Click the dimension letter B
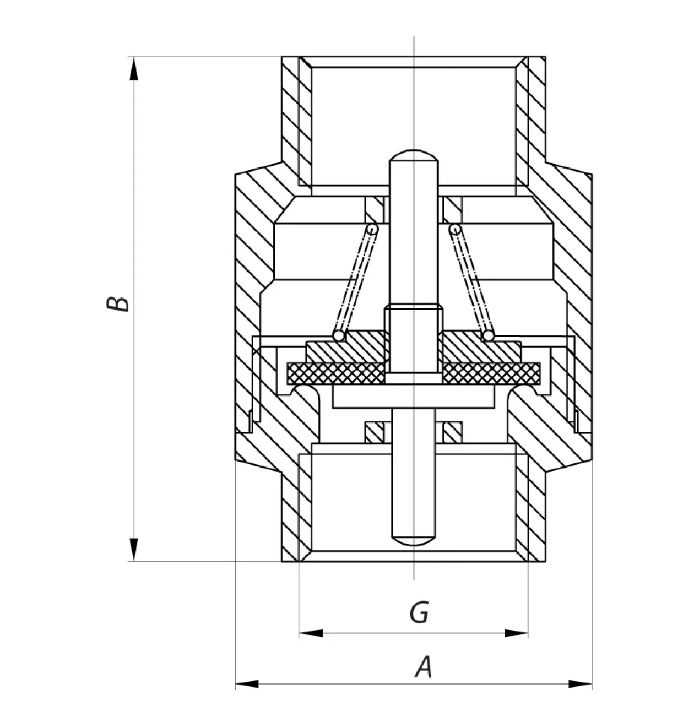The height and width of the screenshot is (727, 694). (117, 304)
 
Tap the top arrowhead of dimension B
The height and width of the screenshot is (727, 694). (133, 69)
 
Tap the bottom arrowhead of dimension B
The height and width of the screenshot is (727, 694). (133, 549)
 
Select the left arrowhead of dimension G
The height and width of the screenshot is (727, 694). (311, 633)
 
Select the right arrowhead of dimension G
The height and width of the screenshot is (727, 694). (517, 633)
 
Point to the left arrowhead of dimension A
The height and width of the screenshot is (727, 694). (247, 684)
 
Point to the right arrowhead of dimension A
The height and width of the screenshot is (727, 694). (580, 684)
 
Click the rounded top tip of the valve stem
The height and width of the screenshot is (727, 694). (414, 154)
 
